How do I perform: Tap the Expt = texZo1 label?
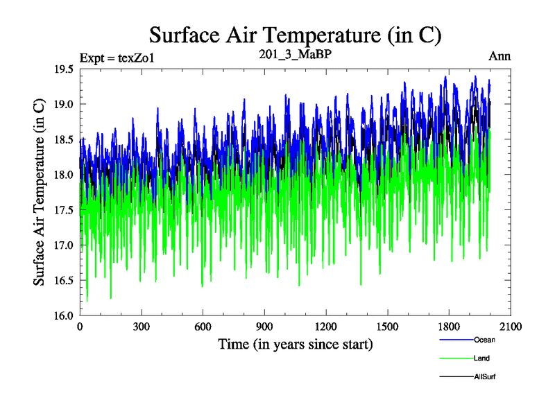(x=117, y=57)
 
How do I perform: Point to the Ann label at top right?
(x=499, y=56)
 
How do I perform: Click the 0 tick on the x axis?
(x=80, y=327)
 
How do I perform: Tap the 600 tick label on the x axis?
(x=203, y=327)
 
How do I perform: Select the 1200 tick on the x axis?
(x=325, y=327)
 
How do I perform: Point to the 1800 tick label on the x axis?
(x=448, y=327)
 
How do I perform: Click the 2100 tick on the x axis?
(x=510, y=327)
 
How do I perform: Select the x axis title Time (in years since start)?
(x=296, y=344)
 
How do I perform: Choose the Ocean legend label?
(x=484, y=340)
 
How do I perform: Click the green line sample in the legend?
(x=456, y=358)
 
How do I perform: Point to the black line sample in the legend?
(x=456, y=377)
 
